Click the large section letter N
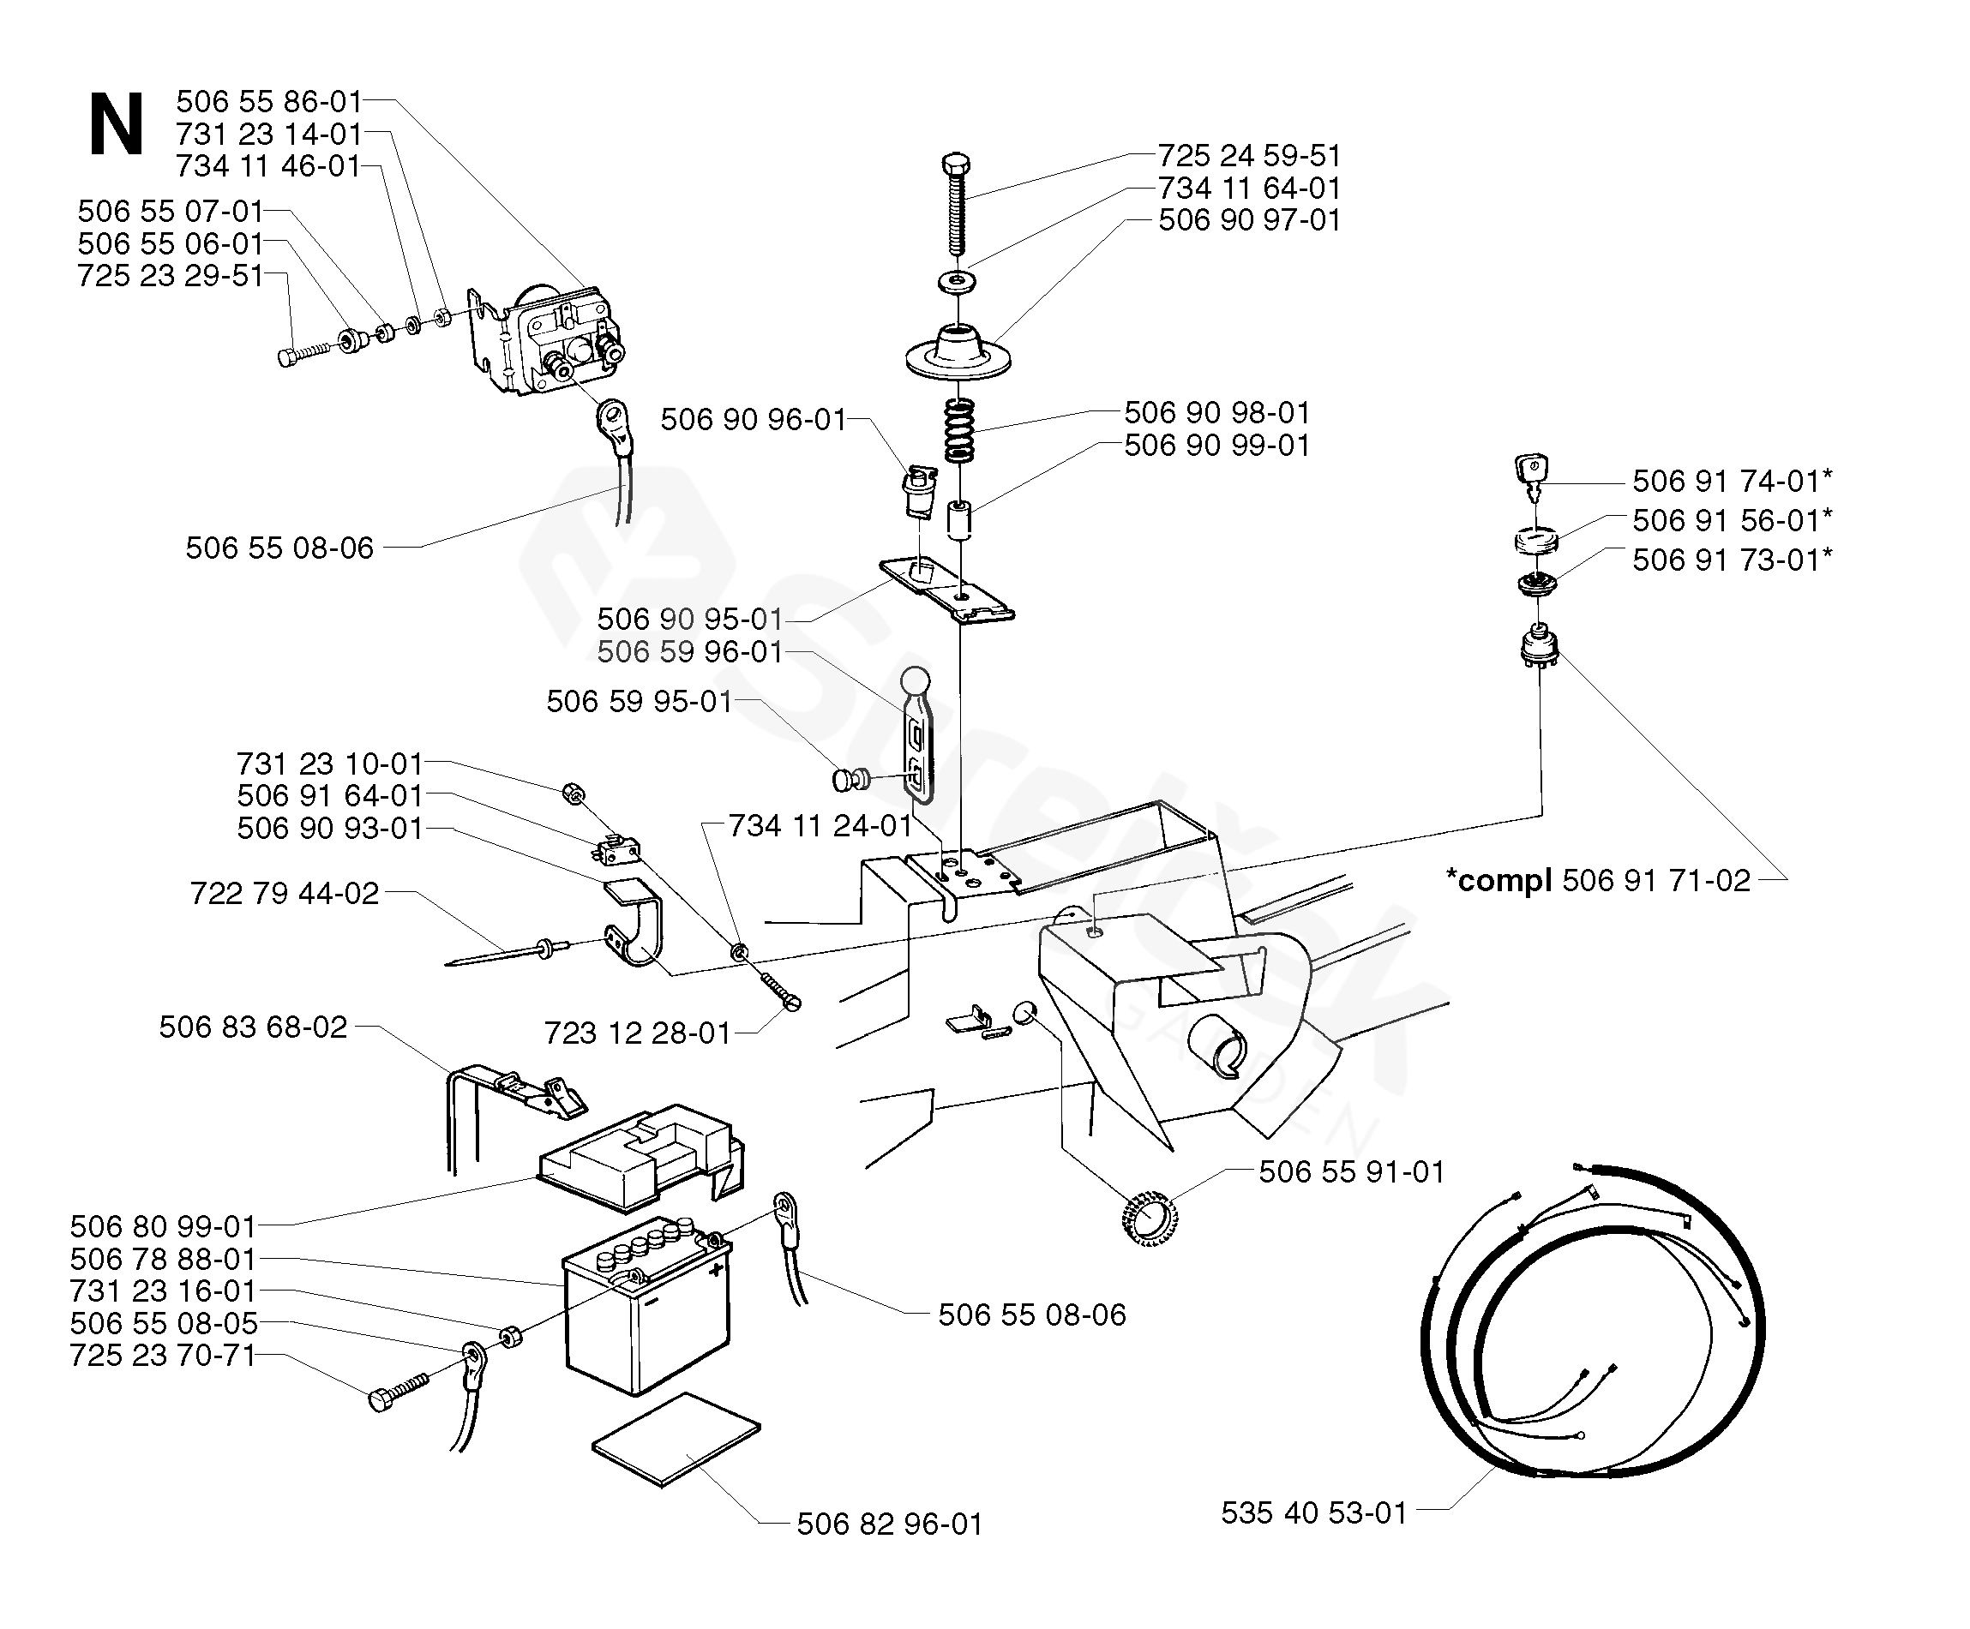(x=117, y=125)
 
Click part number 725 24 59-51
(x=1248, y=155)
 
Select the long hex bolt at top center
(x=956, y=202)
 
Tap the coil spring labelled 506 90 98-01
(x=958, y=430)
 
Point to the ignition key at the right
(x=1530, y=476)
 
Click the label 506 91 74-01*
(x=1732, y=481)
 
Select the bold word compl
(x=1499, y=881)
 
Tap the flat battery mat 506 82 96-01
(x=676, y=1440)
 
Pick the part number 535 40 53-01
(x=1314, y=1512)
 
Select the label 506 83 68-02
(x=253, y=1027)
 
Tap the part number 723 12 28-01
(x=638, y=1033)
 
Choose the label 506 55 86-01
(x=269, y=101)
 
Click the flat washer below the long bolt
(x=956, y=280)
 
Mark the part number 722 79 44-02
(x=285, y=893)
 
